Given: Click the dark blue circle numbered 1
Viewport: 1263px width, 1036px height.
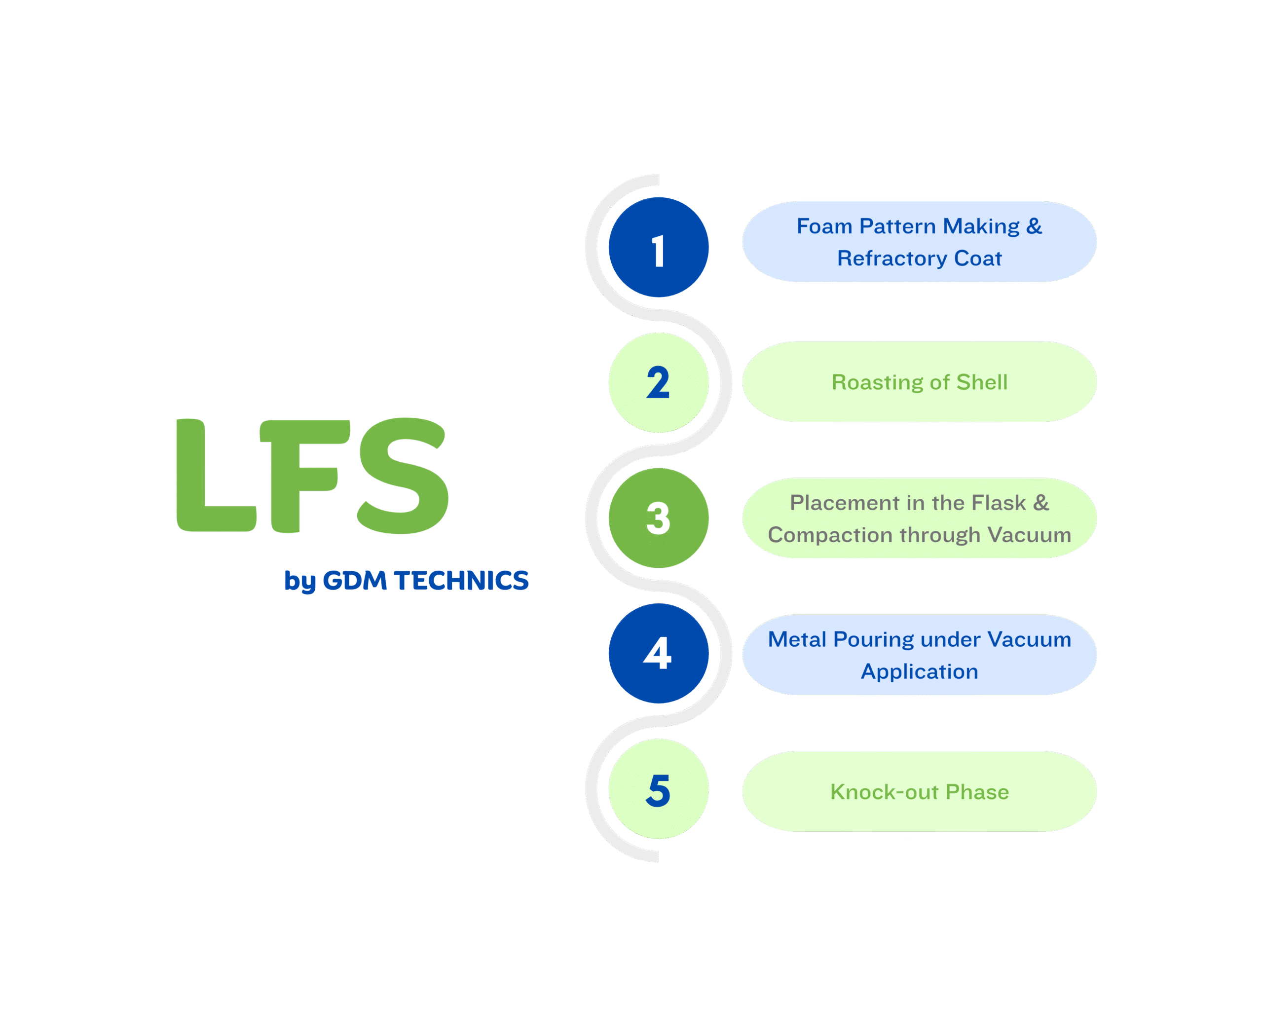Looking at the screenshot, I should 658,247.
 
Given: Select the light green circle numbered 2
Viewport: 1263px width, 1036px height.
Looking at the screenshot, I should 658,382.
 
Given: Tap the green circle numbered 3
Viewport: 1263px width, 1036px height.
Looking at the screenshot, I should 658,518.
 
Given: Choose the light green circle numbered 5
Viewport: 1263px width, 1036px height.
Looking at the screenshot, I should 658,789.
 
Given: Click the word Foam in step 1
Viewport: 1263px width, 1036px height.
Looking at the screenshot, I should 824,226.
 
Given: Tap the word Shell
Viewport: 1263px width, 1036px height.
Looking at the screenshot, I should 982,382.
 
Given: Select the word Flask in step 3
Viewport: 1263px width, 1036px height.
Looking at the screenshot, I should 999,503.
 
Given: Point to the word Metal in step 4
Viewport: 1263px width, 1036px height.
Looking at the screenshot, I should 797,640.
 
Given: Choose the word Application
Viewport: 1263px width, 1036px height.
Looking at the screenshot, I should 919,672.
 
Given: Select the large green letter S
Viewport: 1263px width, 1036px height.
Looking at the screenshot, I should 403,476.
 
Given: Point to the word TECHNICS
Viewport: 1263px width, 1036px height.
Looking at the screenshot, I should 461,581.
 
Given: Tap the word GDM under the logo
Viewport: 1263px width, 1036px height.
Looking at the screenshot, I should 355,581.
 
